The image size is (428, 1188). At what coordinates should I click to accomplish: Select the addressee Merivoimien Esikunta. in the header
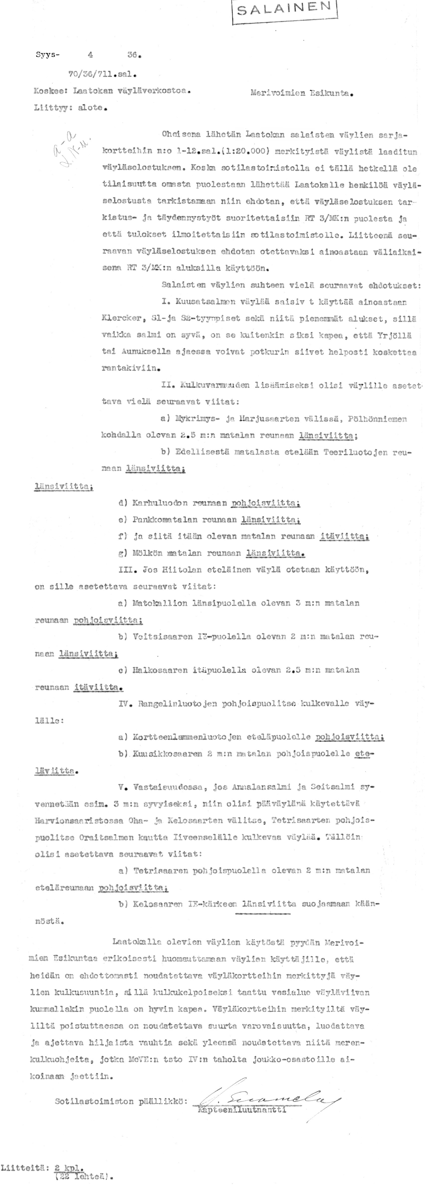(x=302, y=93)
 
